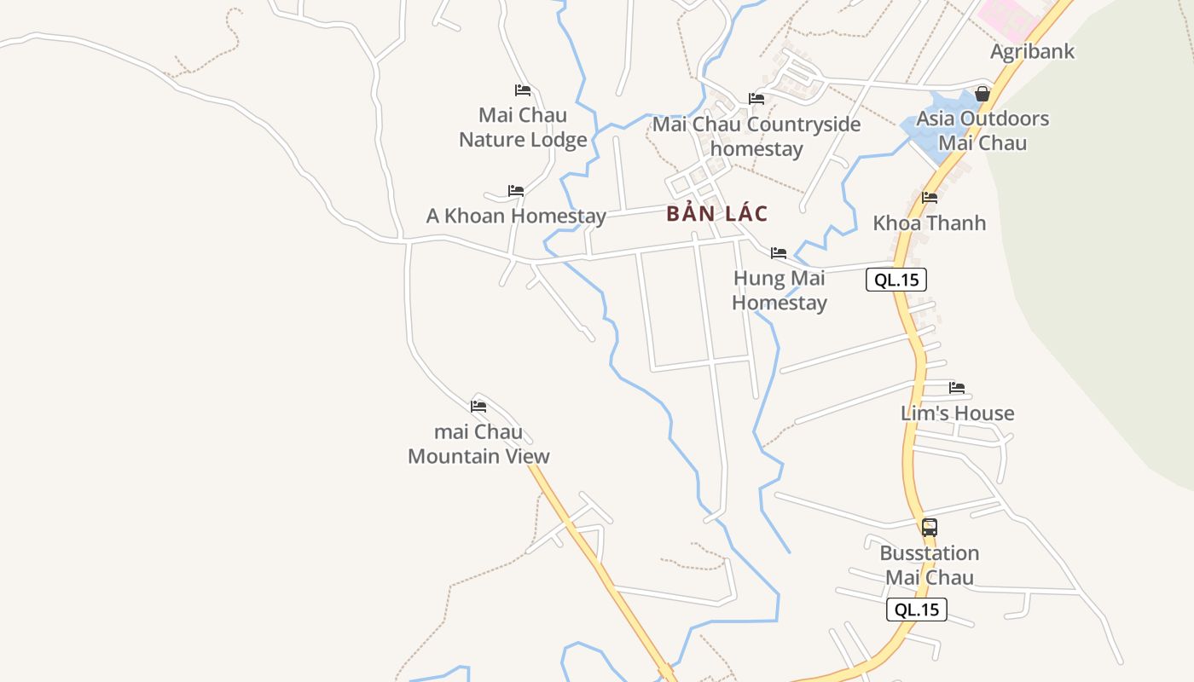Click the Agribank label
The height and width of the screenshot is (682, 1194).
(1032, 51)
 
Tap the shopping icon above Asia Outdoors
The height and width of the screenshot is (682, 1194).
(982, 94)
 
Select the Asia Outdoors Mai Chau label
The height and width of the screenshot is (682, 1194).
(982, 130)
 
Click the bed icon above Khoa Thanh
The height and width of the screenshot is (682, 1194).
(930, 198)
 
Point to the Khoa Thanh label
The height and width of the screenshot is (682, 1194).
(929, 223)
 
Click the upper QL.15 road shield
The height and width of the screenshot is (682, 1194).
(896, 280)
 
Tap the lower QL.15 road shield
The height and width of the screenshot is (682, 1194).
(917, 610)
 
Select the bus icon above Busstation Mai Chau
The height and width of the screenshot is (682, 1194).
(930, 527)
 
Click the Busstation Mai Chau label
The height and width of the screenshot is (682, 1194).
(930, 565)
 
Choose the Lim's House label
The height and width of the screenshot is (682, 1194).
(957, 413)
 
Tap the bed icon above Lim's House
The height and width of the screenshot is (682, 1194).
(957, 388)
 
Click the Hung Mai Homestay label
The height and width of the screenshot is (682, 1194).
(780, 291)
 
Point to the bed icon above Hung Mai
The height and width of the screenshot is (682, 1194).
(779, 253)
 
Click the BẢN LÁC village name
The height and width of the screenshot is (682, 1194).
(717, 214)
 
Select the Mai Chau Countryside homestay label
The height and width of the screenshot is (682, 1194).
(756, 136)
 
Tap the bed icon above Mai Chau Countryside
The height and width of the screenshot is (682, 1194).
(756, 99)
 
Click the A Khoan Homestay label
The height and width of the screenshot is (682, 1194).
(516, 217)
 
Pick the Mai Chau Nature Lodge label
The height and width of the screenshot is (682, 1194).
(523, 127)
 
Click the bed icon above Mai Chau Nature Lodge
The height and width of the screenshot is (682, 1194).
(523, 90)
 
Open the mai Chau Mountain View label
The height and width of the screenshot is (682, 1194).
(478, 444)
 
